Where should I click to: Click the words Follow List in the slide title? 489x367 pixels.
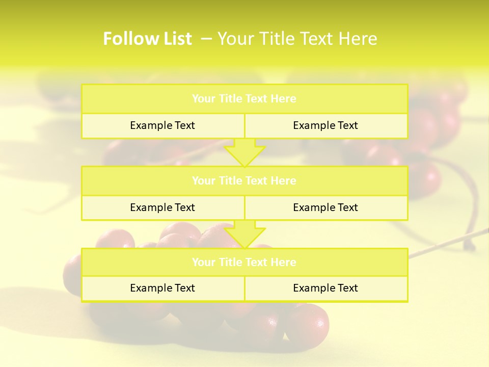pyautogui.click(x=147, y=39)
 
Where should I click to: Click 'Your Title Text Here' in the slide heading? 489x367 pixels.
pyautogui.click(x=297, y=39)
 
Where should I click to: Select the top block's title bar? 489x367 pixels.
pyautogui.click(x=244, y=99)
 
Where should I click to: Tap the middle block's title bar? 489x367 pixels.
pyautogui.click(x=244, y=181)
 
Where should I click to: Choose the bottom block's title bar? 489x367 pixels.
pyautogui.click(x=244, y=263)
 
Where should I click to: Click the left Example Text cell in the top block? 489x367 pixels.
pyautogui.click(x=162, y=125)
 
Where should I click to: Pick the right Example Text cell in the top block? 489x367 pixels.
pyautogui.click(x=325, y=125)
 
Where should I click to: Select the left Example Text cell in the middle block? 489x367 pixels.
pyautogui.click(x=162, y=207)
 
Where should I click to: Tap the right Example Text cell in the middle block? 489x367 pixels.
pyautogui.click(x=325, y=207)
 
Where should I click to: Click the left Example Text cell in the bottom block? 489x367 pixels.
pyautogui.click(x=162, y=288)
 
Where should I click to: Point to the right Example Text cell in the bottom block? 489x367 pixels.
pyautogui.click(x=325, y=288)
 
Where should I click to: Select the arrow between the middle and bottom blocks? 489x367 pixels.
pyautogui.click(x=244, y=234)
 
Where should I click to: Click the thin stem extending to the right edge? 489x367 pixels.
pyautogui.click(x=448, y=243)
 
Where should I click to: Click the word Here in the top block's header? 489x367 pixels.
pyautogui.click(x=283, y=99)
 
